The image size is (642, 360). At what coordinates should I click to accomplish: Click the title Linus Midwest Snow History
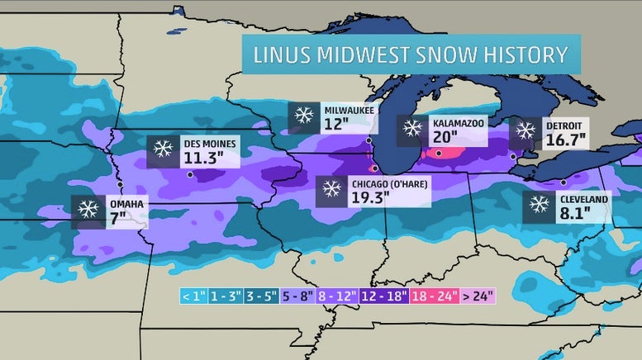[x=410, y=55]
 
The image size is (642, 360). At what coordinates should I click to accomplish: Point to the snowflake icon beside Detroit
[x=525, y=130]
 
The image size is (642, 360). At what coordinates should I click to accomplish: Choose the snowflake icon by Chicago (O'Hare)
[x=333, y=190]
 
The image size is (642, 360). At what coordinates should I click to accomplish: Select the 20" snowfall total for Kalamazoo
[x=447, y=138]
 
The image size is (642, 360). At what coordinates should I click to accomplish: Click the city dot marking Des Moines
[x=191, y=174]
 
